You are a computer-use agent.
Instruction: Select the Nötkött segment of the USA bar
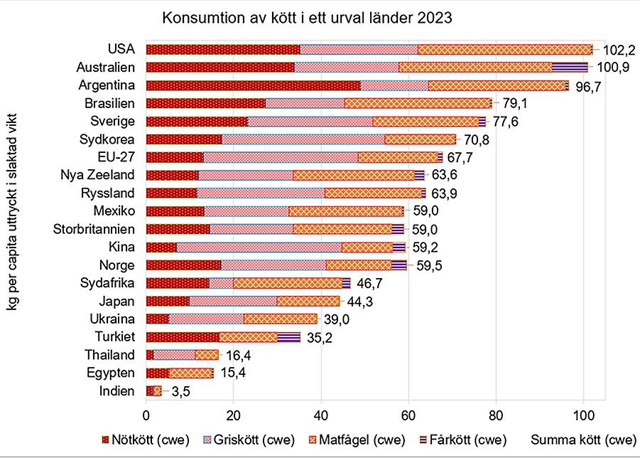point(222,49)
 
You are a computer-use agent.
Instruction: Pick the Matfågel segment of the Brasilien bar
point(418,103)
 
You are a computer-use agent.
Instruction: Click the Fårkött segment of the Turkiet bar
point(288,337)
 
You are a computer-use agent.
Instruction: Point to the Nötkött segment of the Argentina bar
point(253,85)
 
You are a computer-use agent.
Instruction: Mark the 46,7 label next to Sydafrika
point(371,284)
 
